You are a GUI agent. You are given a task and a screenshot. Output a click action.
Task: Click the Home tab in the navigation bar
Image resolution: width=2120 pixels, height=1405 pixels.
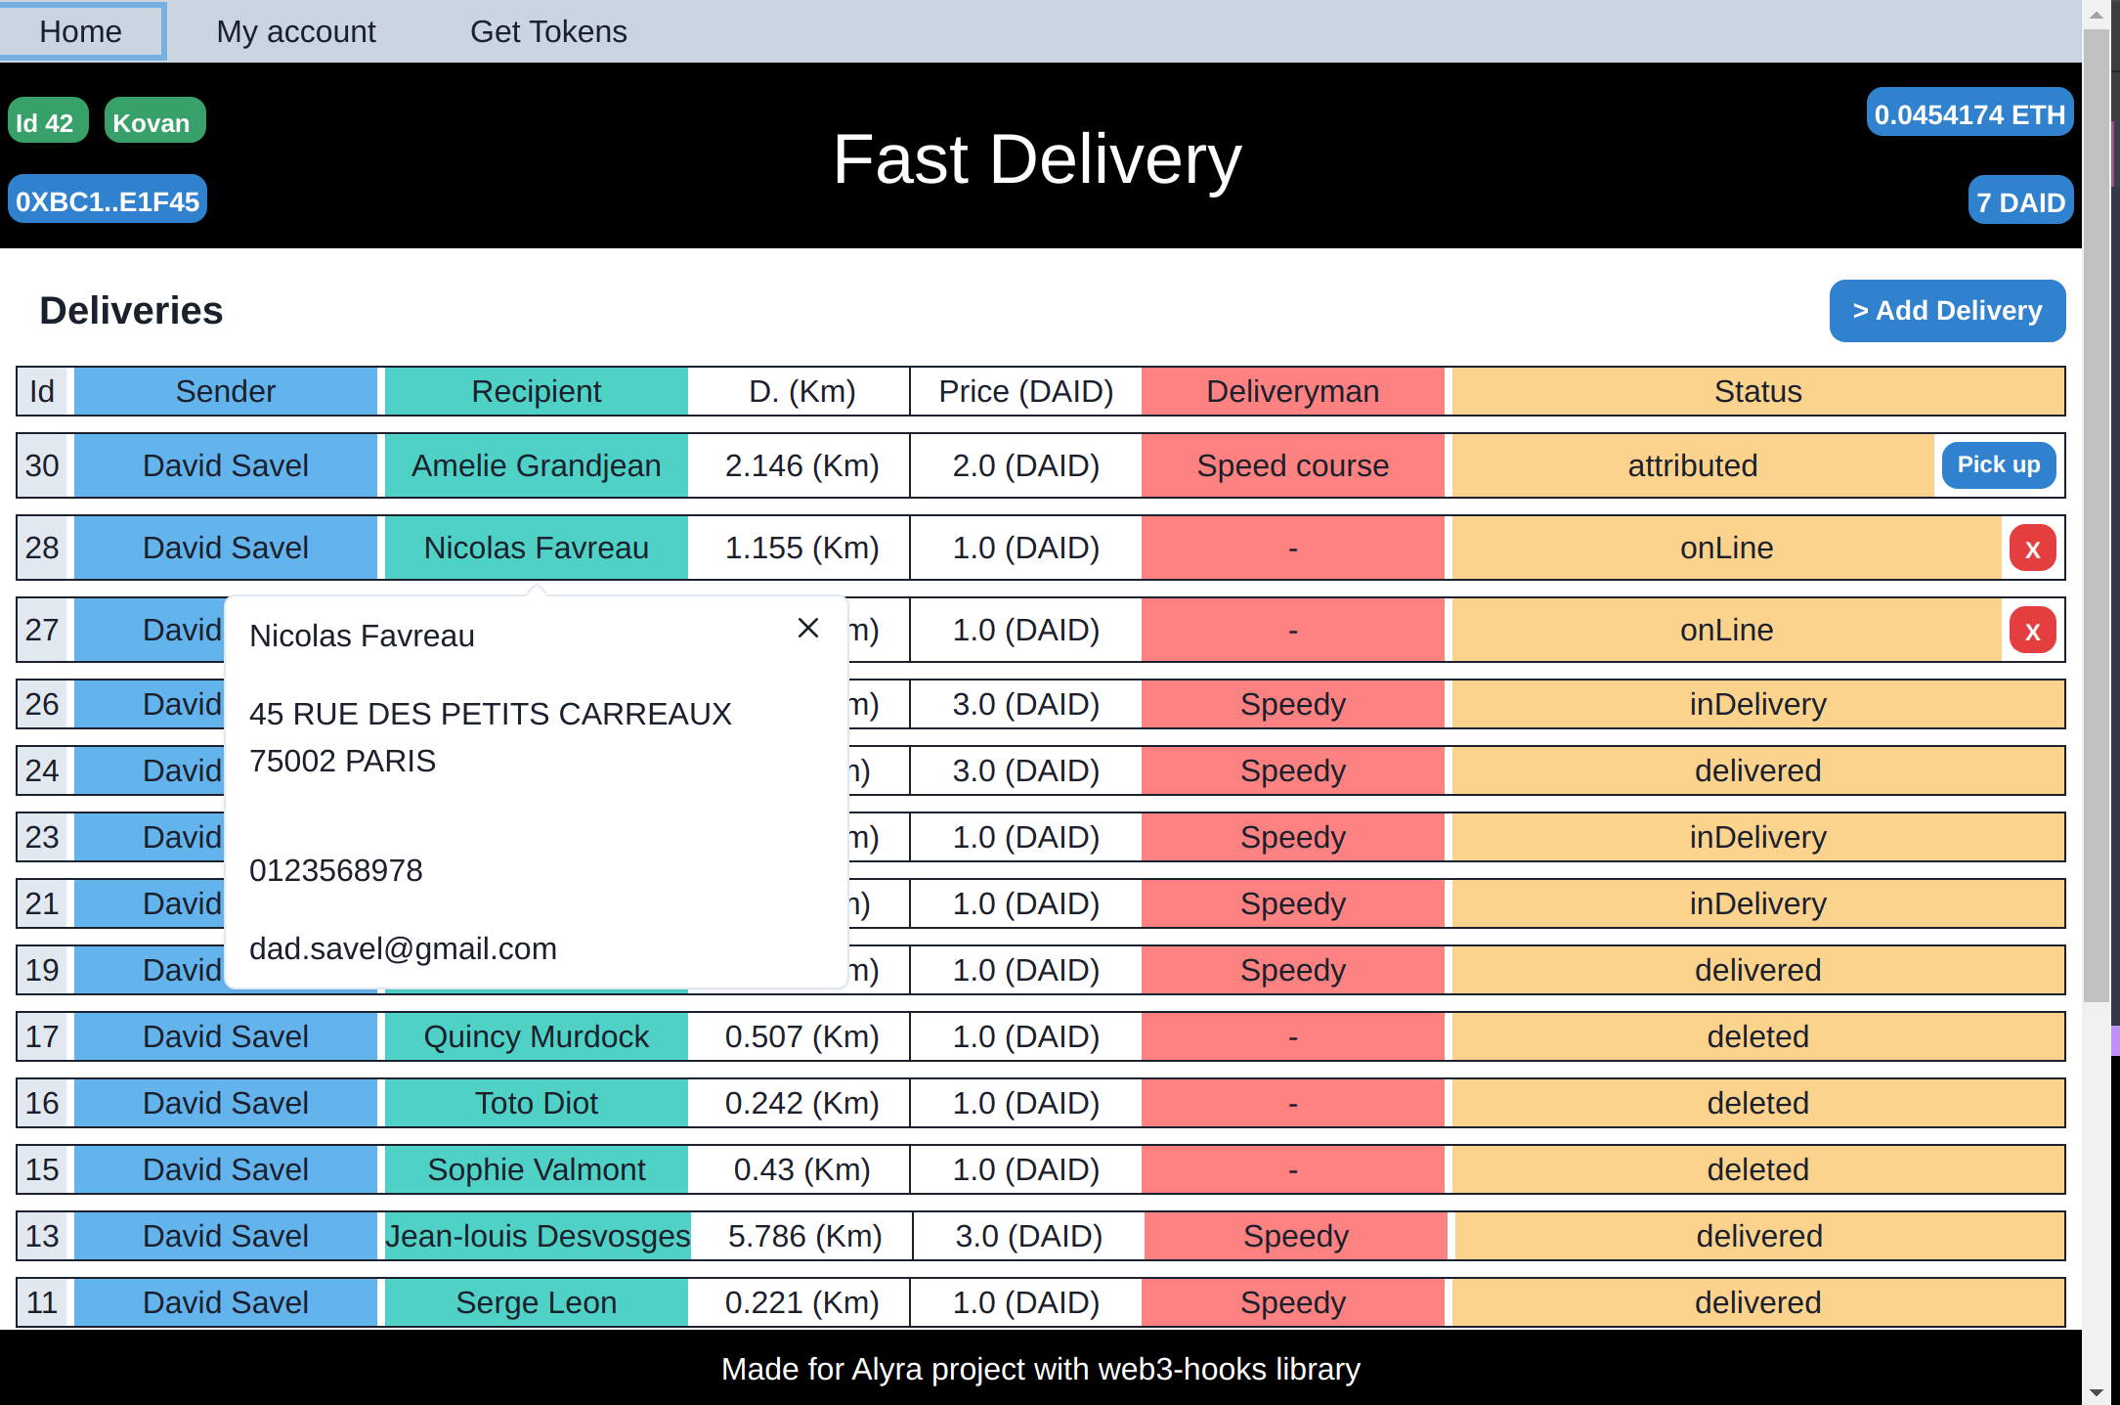pos(82,32)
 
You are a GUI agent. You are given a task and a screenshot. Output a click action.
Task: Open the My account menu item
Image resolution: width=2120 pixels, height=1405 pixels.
pos(296,32)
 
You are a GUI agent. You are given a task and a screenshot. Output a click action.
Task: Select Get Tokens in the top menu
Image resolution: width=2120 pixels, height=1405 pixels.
pos(548,32)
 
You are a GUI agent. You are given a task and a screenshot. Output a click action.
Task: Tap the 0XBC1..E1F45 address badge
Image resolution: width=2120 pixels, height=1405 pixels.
pos(108,200)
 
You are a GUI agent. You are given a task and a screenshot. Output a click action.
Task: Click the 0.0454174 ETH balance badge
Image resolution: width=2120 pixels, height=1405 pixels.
pos(1969,114)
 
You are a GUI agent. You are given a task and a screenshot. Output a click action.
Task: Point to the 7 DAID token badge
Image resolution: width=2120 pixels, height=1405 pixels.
pos(2019,201)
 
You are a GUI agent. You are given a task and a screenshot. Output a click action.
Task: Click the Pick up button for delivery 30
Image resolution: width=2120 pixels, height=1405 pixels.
pos(1998,465)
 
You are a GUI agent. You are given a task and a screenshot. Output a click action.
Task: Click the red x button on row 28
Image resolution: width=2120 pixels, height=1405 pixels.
pos(2032,549)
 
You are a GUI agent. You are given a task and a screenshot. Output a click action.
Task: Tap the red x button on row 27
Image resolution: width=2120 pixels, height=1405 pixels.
pos(2032,631)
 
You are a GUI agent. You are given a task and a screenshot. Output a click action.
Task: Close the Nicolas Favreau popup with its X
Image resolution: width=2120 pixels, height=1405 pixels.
pos(807,628)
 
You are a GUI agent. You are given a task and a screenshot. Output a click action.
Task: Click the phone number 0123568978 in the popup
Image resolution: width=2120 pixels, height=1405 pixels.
pos(336,870)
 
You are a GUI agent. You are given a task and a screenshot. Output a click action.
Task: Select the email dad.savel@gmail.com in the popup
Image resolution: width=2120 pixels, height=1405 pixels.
pos(403,948)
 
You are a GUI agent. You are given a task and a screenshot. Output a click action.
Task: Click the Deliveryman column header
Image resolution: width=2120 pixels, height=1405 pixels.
pos(1292,391)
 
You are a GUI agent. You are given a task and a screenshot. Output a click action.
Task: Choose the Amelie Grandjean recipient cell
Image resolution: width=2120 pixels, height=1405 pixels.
pos(536,465)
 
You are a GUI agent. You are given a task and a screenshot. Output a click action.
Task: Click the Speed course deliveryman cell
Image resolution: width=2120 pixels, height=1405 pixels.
pos(1292,465)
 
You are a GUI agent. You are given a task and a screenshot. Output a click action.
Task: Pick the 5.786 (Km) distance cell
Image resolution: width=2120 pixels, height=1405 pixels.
pos(804,1236)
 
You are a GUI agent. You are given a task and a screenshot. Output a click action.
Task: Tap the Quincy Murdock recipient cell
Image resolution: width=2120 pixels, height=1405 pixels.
pos(536,1036)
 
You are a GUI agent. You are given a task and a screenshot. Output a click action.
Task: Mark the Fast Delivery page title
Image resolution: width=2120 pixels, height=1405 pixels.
pos(1037,159)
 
